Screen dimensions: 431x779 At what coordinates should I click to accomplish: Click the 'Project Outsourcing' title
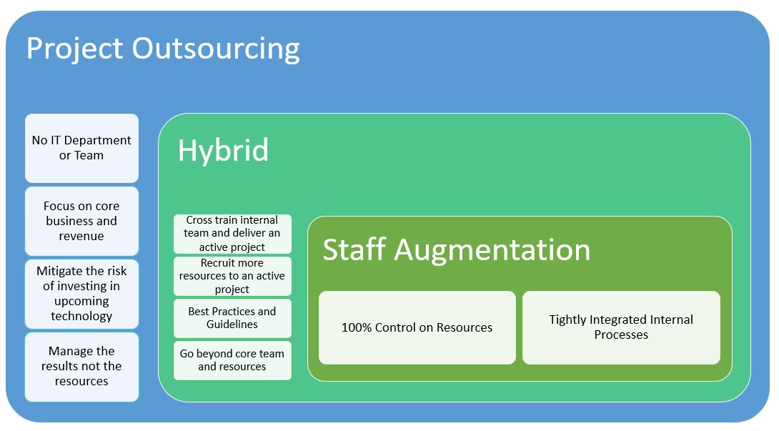[163, 49]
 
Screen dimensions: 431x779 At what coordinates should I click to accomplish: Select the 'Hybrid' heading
[223, 151]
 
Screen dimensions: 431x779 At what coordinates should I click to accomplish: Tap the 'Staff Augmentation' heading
[456, 250]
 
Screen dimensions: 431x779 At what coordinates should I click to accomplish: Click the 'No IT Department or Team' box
[81, 148]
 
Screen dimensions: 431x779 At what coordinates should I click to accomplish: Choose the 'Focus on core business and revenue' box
[81, 221]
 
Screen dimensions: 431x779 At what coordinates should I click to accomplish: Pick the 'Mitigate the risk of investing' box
[81, 294]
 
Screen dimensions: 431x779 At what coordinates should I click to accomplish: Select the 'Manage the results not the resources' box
[81, 366]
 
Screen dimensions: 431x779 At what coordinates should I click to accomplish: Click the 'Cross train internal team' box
[232, 234]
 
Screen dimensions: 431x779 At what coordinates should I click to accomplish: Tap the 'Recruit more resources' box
[232, 276]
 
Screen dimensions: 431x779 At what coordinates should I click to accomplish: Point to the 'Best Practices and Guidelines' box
[232, 318]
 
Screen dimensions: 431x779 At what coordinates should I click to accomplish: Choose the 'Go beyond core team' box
[232, 360]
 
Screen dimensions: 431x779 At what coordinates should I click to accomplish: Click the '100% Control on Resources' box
[417, 327]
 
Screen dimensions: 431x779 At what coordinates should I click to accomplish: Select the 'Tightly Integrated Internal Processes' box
[621, 327]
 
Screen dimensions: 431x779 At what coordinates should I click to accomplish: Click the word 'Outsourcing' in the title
[216, 49]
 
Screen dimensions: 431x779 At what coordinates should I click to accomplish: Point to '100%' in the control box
[356, 327]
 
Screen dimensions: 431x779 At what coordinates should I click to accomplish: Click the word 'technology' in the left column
[81, 316]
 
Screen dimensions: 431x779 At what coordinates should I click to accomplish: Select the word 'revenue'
[81, 236]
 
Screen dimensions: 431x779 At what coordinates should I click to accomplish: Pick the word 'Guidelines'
[232, 325]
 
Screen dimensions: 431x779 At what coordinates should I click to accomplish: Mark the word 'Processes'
[621, 335]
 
